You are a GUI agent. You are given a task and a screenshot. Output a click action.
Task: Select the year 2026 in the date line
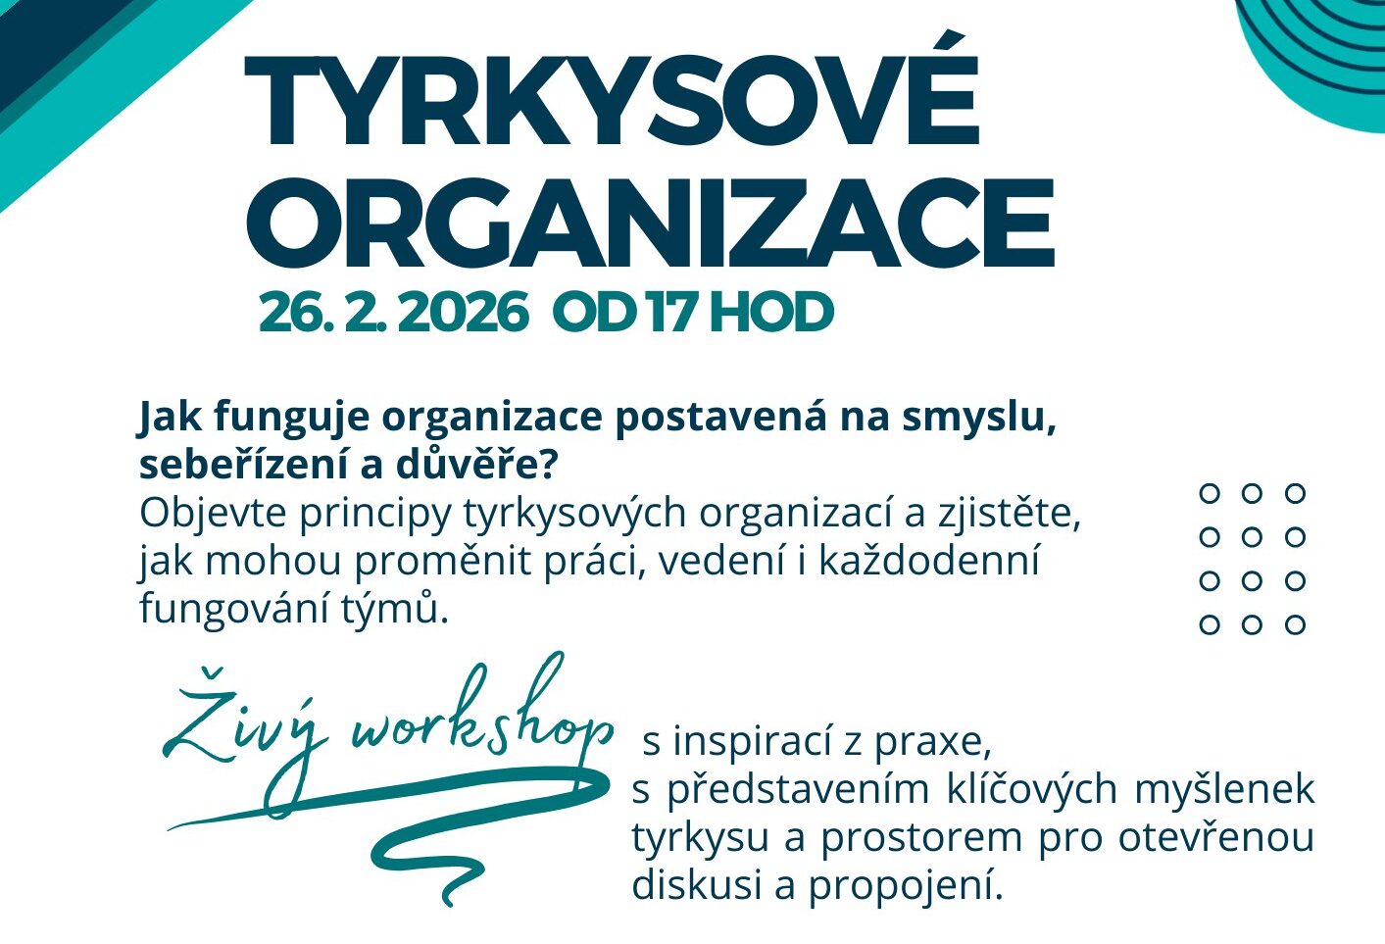[x=464, y=313]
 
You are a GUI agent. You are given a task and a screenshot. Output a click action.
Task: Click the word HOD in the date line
[x=772, y=313]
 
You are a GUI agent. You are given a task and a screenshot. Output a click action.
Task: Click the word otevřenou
[x=1216, y=838]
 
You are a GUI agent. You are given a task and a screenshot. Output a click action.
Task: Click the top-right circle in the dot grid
[x=1294, y=493]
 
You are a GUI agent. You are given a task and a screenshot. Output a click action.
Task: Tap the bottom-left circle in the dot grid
[x=1210, y=624]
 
